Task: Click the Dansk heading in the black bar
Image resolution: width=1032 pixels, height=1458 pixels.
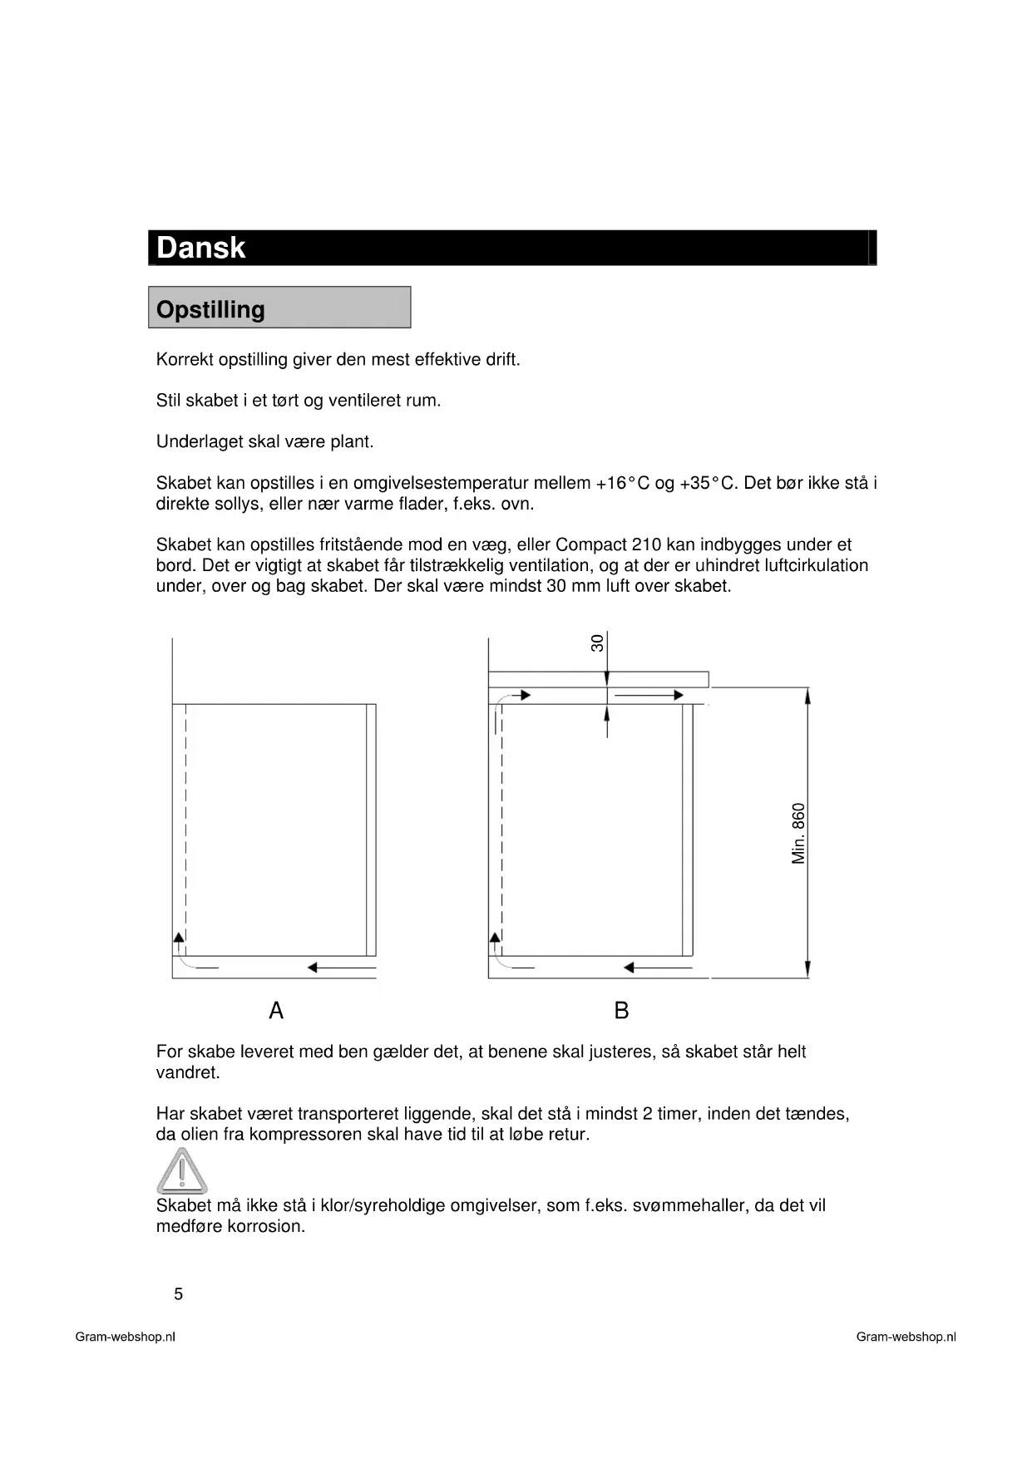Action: tap(200, 248)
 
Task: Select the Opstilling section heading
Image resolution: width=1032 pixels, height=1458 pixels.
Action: tap(210, 309)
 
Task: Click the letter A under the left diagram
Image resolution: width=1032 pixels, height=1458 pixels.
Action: tap(276, 1011)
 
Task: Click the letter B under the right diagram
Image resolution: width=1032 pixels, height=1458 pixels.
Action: tap(621, 1011)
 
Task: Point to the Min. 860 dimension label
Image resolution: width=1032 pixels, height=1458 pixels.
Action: tap(798, 833)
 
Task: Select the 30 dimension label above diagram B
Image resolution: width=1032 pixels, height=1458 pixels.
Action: tap(597, 643)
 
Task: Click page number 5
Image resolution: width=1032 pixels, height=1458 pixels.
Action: tap(178, 1294)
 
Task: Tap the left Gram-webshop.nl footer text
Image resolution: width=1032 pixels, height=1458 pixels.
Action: tap(125, 1337)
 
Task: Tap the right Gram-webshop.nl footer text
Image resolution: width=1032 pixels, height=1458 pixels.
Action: tap(906, 1337)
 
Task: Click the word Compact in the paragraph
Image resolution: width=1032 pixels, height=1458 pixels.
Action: tap(591, 545)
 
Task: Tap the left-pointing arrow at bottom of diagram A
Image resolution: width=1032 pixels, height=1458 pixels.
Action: tap(341, 968)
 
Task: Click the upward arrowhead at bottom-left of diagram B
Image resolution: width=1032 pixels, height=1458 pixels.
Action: tap(496, 938)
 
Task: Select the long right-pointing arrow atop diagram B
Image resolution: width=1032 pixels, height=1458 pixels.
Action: tap(649, 695)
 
